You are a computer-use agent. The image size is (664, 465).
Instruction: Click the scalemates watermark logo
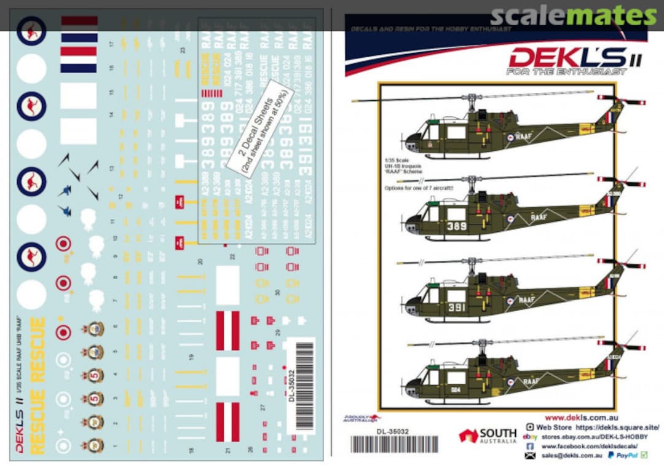tap(574, 16)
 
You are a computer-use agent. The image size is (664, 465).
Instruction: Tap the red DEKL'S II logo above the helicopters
tap(567, 58)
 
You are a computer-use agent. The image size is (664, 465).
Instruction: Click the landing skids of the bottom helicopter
tap(458, 402)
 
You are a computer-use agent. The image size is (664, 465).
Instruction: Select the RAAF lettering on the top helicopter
tap(524, 137)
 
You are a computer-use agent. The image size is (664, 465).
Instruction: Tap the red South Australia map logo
tap(468, 435)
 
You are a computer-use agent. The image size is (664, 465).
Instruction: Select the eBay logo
tap(528, 437)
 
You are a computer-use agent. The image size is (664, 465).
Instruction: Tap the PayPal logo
tap(627, 455)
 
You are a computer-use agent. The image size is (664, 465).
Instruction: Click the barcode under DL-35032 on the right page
tap(393, 444)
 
